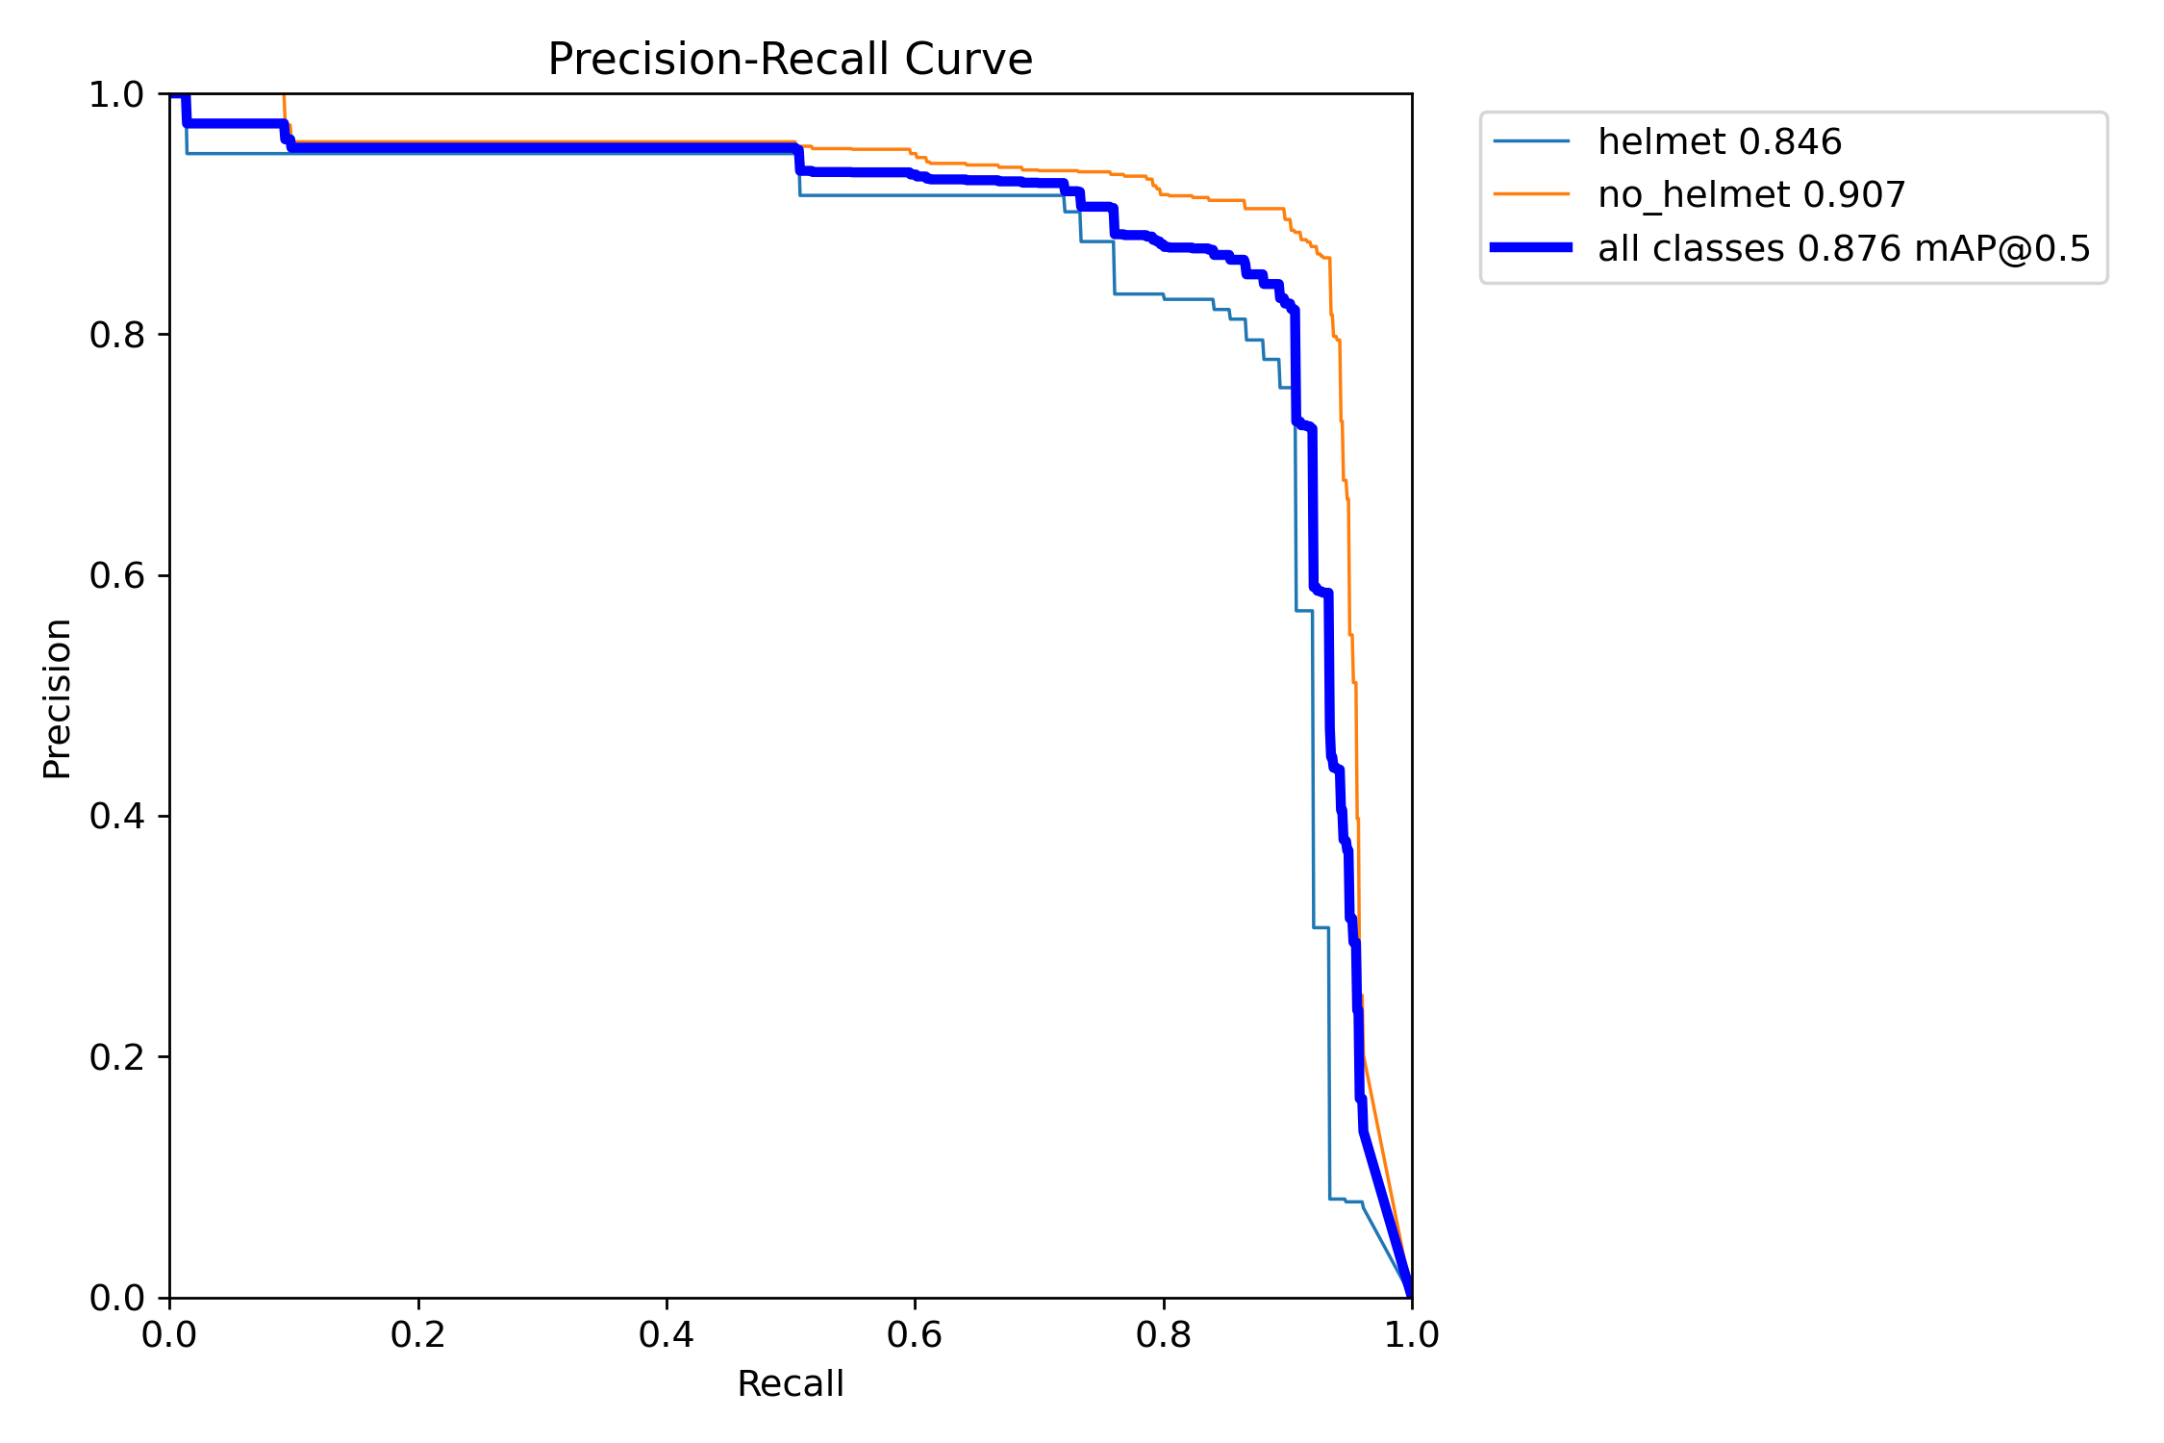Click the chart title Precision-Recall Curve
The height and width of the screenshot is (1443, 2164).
click(790, 60)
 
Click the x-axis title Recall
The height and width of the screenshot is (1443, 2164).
click(790, 1383)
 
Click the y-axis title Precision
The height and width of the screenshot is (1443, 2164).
click(58, 697)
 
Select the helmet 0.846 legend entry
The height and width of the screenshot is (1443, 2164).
click(1719, 141)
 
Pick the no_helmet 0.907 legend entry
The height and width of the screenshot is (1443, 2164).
click(1750, 194)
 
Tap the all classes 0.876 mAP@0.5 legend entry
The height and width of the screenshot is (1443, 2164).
click(1843, 248)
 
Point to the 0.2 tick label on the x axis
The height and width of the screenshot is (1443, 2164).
click(417, 1334)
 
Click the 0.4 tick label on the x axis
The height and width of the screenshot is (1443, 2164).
click(666, 1334)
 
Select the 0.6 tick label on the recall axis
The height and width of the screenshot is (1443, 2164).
click(914, 1334)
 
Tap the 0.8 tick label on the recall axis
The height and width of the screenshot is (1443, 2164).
click(1163, 1334)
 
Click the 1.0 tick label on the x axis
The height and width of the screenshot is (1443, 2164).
click(1411, 1334)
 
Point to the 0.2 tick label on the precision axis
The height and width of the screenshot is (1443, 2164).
click(116, 1057)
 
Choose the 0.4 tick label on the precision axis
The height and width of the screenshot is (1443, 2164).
click(116, 817)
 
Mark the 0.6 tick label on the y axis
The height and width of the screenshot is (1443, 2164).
click(116, 575)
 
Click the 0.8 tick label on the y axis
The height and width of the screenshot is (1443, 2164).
click(116, 335)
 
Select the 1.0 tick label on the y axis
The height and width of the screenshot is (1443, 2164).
click(116, 94)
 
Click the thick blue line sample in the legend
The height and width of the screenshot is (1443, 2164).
click(1531, 248)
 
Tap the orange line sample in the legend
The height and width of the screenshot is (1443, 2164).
click(1531, 194)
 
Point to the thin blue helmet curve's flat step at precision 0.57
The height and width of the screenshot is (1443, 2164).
click(1304, 611)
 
